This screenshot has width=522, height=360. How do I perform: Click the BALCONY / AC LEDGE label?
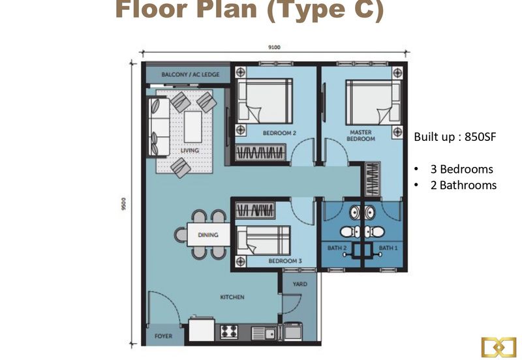pyautogui.click(x=191, y=74)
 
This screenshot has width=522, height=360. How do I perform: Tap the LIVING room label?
pyautogui.click(x=190, y=151)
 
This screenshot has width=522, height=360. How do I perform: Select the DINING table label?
pyautogui.click(x=208, y=235)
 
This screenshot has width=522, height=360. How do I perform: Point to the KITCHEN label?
pyautogui.click(x=232, y=297)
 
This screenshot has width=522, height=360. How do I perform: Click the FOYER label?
pyautogui.click(x=164, y=336)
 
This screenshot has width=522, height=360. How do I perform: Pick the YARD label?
pyautogui.click(x=300, y=284)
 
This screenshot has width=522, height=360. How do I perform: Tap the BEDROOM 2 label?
pyautogui.click(x=279, y=133)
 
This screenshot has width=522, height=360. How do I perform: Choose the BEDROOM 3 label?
pyautogui.click(x=285, y=261)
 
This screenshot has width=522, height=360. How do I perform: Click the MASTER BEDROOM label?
pyautogui.click(x=361, y=136)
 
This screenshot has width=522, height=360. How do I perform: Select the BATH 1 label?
pyautogui.click(x=388, y=248)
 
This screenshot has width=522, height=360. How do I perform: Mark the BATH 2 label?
pyautogui.click(x=337, y=248)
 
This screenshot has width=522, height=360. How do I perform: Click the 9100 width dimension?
pyautogui.click(x=274, y=47)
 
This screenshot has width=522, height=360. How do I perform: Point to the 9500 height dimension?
pyautogui.click(x=124, y=204)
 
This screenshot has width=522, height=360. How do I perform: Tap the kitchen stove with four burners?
pyautogui.click(x=229, y=332)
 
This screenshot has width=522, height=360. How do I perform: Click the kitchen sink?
pyautogui.click(x=263, y=333)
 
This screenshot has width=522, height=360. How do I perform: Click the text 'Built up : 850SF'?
pyautogui.click(x=455, y=137)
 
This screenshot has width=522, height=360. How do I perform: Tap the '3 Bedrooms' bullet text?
pyautogui.click(x=462, y=170)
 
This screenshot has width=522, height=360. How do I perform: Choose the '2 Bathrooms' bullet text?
pyautogui.click(x=463, y=185)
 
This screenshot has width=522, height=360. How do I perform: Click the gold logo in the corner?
pyautogui.click(x=499, y=348)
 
